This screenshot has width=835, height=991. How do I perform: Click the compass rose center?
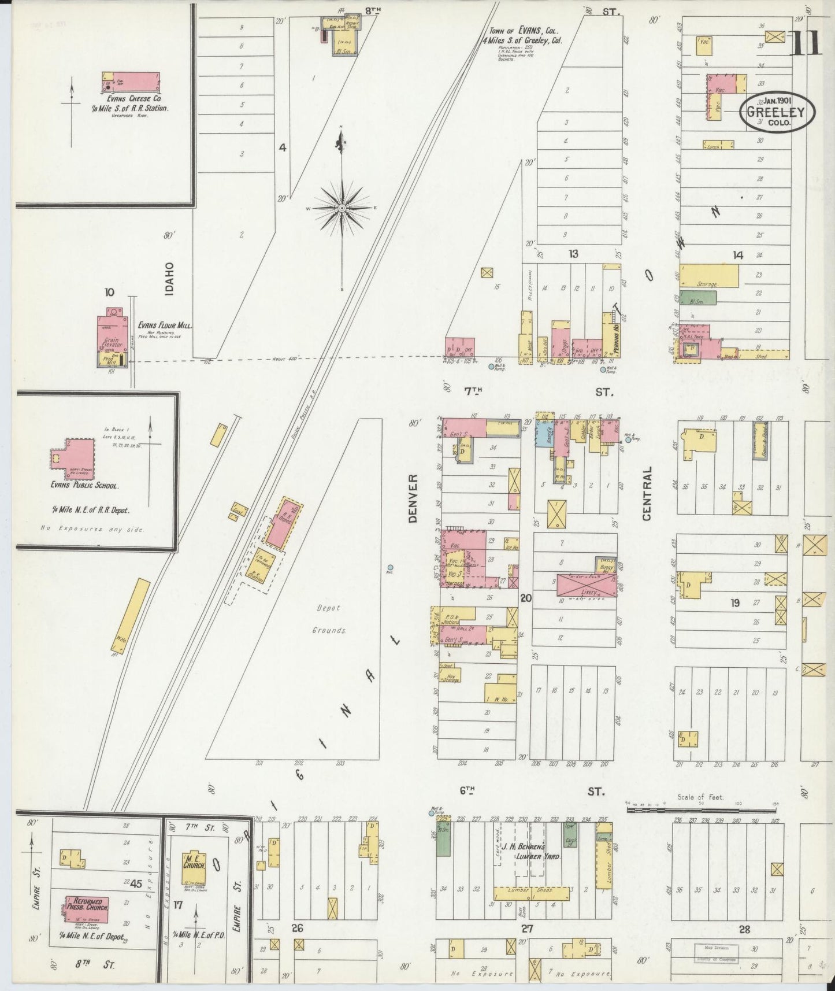[x=343, y=208]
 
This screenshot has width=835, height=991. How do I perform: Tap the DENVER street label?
[x=413, y=498]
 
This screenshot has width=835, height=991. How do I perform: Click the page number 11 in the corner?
[x=807, y=42]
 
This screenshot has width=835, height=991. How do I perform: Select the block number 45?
[x=136, y=883]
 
